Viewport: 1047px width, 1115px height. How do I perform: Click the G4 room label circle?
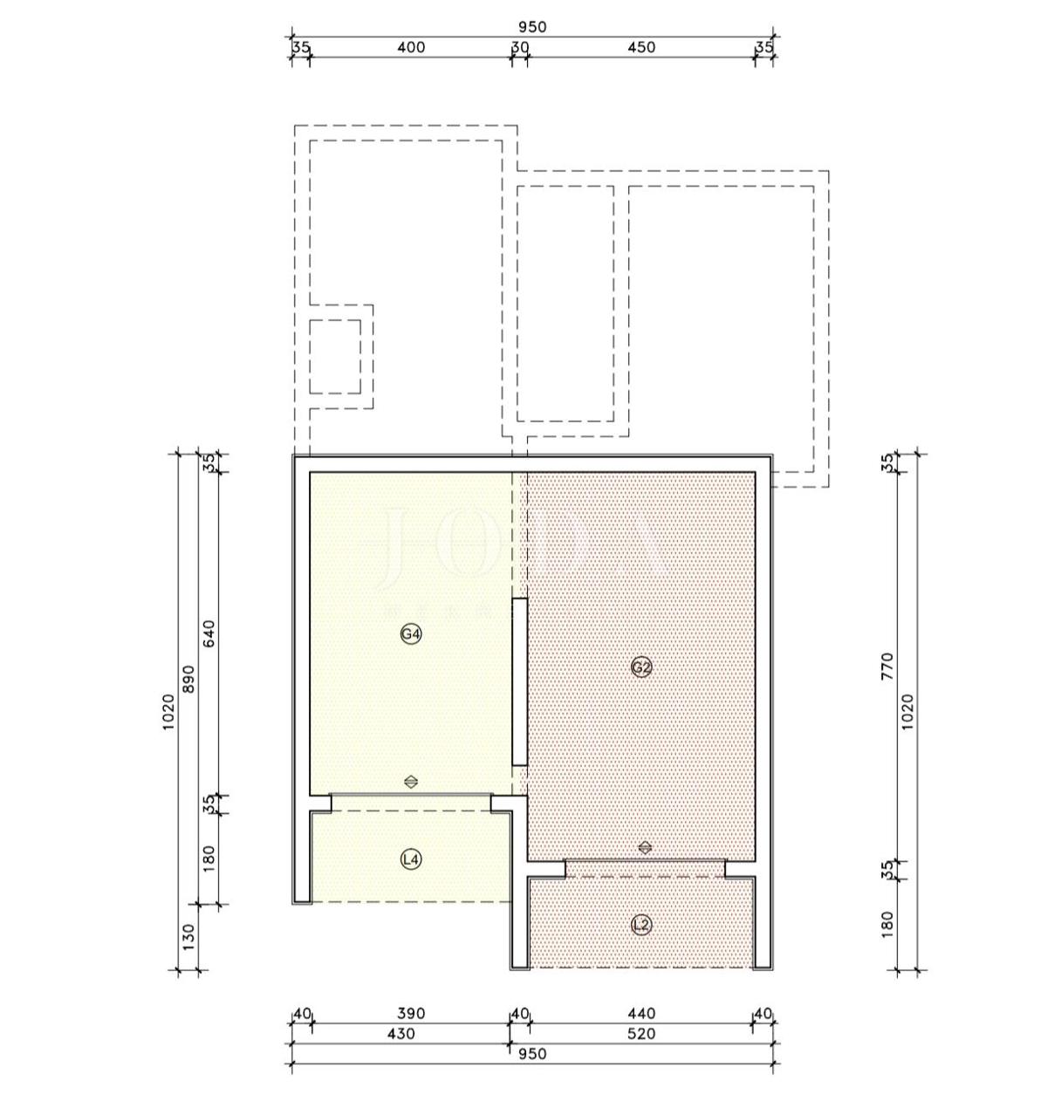411,634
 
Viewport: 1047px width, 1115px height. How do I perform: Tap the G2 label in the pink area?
641,667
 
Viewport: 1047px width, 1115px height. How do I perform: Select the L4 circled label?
411,859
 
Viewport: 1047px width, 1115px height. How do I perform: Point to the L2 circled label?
641,925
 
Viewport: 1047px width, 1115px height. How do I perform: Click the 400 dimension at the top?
411,47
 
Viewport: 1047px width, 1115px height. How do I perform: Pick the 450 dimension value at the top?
641,47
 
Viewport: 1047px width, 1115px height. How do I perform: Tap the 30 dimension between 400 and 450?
520,47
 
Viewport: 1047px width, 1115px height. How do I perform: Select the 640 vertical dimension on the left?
209,633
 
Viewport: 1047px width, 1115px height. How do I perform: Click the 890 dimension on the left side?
188,680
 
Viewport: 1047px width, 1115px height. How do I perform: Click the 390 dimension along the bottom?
411,1014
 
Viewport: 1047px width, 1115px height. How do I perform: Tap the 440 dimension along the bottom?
641,1014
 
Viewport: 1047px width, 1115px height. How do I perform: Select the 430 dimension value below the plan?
400,1034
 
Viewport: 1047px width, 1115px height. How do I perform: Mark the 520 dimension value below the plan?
641,1034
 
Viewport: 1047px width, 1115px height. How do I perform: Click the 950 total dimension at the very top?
531,27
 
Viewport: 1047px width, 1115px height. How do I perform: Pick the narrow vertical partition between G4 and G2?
519,682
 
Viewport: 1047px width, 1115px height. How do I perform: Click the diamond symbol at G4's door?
411,782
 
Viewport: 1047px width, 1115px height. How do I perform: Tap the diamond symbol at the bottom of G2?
645,847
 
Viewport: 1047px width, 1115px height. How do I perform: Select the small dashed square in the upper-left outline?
335,356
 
